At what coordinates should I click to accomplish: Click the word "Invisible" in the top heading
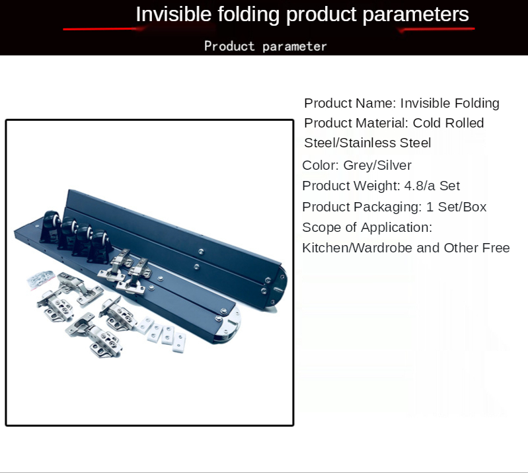[173, 15]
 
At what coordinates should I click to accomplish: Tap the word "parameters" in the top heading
[416, 15]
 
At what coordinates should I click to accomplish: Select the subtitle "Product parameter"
[266, 46]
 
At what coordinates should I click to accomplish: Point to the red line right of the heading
[436, 29]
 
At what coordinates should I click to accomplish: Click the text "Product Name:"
[350, 103]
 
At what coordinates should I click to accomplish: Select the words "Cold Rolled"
[448, 124]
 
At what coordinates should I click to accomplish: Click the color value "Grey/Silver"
[377, 166]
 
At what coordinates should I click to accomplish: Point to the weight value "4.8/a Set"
[432, 186]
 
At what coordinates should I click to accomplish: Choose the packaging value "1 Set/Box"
[456, 207]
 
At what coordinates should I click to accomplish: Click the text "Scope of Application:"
[367, 228]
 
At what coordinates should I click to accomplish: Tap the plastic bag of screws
[41, 279]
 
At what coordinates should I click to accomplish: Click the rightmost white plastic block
[179, 342]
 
